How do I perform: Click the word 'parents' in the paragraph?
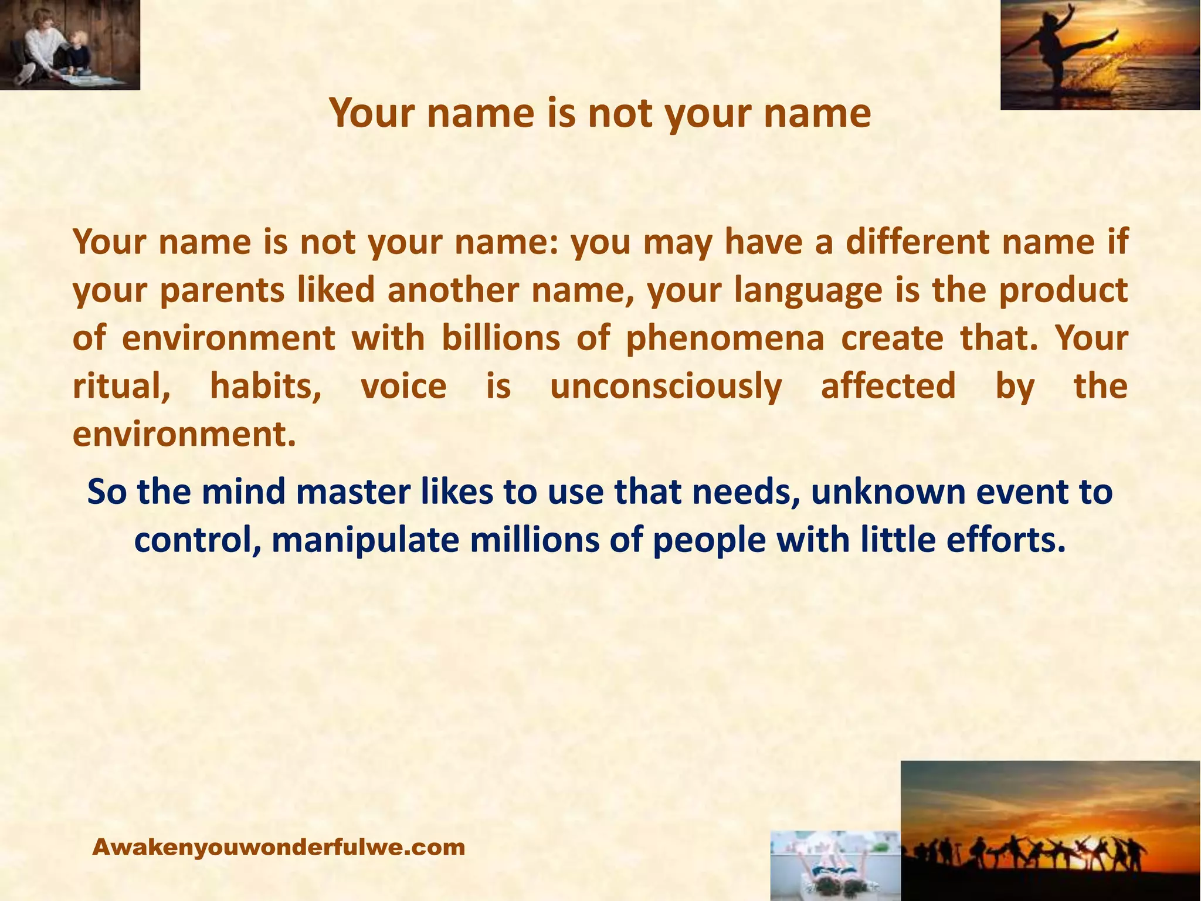pyautogui.click(x=222, y=291)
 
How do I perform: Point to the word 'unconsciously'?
pyautogui.click(x=666, y=387)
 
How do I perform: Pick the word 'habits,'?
pyautogui.click(x=266, y=387)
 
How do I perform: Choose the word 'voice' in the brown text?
pyautogui.click(x=403, y=387)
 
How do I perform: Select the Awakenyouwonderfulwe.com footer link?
pyautogui.click(x=279, y=848)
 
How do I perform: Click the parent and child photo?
pyautogui.click(x=70, y=45)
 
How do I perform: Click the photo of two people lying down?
pyautogui.click(x=835, y=865)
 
